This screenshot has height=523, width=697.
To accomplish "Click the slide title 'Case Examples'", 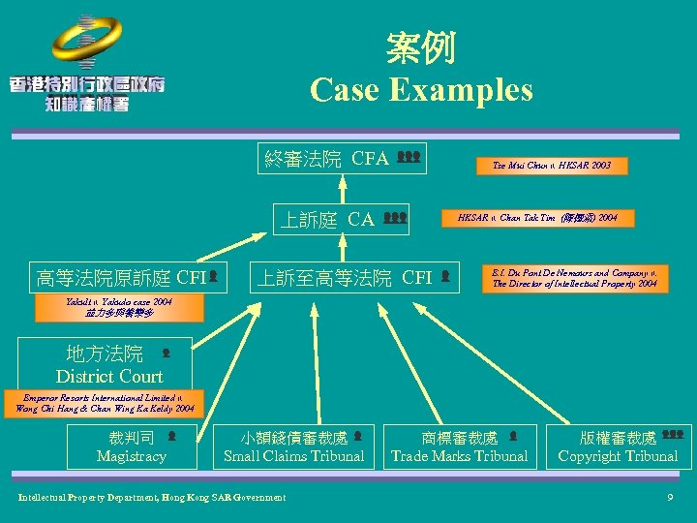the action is point(421,90).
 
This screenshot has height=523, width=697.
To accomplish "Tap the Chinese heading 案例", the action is point(420,46).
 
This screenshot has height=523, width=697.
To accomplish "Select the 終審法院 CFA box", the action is point(342,158).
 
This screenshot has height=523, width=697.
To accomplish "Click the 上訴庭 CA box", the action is point(341,219).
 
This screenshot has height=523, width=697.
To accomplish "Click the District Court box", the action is point(109,364).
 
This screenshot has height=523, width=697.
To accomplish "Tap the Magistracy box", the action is point(132,446).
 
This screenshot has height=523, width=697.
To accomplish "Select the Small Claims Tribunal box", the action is point(294,446).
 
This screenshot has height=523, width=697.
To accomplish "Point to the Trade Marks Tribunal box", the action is point(460,446).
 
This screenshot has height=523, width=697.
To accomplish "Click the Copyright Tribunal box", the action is point(619,446).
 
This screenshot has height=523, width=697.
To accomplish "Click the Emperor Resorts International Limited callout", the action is point(105,403).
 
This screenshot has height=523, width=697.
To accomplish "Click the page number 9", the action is point(670,498).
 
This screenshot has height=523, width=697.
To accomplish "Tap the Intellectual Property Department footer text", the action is point(152,498).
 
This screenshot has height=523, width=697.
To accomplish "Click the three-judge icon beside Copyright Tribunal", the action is point(673,436).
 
